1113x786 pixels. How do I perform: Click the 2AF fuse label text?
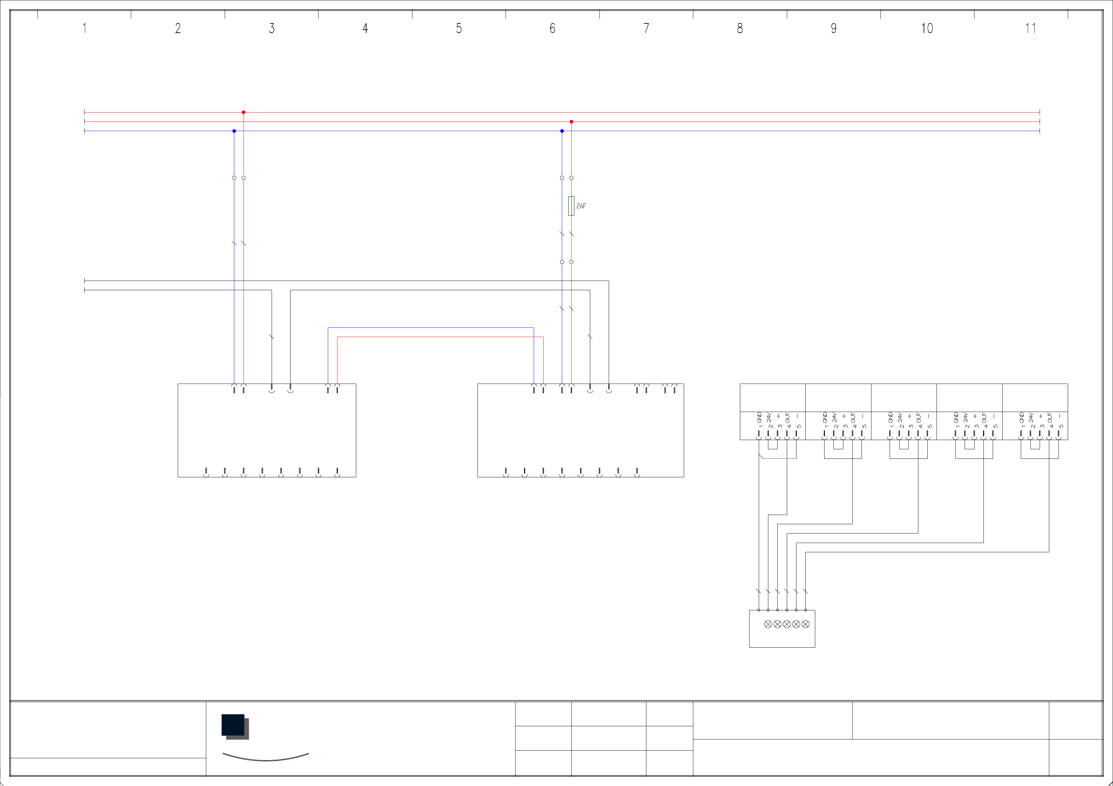[581, 206]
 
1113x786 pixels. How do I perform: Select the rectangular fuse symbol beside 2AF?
[571, 206]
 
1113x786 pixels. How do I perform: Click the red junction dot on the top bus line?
[243, 112]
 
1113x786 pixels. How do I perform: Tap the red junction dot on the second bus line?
[571, 121]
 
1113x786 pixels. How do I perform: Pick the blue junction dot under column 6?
[562, 131]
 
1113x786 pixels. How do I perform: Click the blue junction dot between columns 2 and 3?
[234, 131]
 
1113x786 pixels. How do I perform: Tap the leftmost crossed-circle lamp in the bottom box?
[768, 624]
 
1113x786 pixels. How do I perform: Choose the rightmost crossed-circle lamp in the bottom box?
[806, 624]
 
